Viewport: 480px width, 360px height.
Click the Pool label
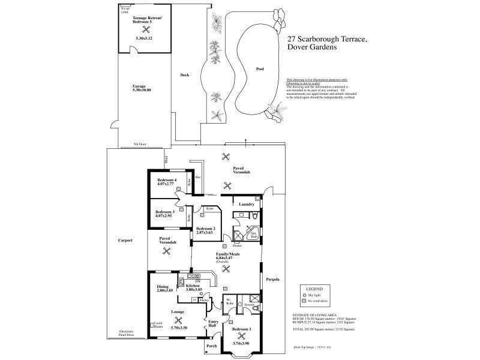(x=260, y=69)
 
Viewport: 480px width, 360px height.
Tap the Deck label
(x=185, y=75)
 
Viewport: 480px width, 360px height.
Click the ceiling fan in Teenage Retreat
(x=145, y=29)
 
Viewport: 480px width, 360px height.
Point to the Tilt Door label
(x=139, y=145)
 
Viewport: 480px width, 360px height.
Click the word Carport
(x=125, y=240)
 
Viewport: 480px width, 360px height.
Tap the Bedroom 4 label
(x=167, y=181)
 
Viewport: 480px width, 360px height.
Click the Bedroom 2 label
(x=206, y=228)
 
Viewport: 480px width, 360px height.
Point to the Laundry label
(x=246, y=204)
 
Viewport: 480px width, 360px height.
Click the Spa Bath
(x=254, y=235)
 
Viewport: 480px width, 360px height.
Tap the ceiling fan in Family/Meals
(x=226, y=270)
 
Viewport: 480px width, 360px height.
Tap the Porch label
(x=211, y=346)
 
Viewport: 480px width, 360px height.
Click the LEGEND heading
(x=314, y=289)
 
